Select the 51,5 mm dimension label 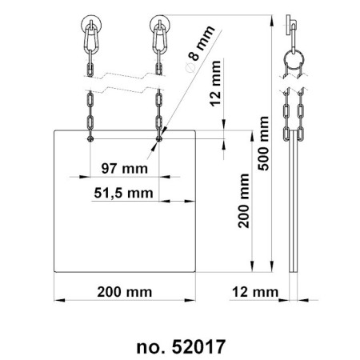[125, 193]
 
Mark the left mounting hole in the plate [91, 137]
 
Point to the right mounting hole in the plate [158, 137]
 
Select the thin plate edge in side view [295, 208]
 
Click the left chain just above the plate [91, 116]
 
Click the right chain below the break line [158, 112]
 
